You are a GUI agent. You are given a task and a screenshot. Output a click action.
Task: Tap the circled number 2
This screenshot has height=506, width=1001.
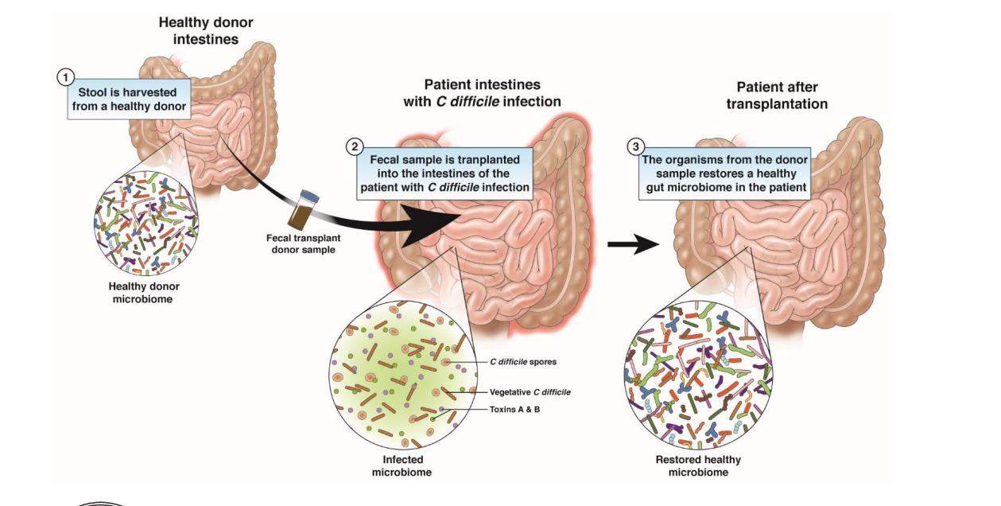tap(354, 146)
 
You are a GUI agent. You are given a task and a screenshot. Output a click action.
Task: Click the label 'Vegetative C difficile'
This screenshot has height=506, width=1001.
tap(530, 391)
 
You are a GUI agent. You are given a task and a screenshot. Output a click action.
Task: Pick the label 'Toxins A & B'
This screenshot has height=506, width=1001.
tap(514, 409)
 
